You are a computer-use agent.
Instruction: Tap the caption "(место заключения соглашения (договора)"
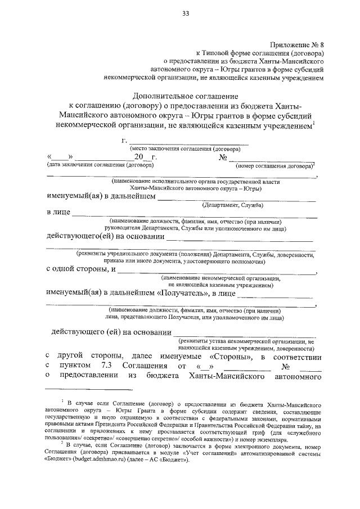point(185,149)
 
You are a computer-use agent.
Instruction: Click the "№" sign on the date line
point(222,157)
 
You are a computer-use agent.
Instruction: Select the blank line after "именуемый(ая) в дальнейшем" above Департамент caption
point(236,197)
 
